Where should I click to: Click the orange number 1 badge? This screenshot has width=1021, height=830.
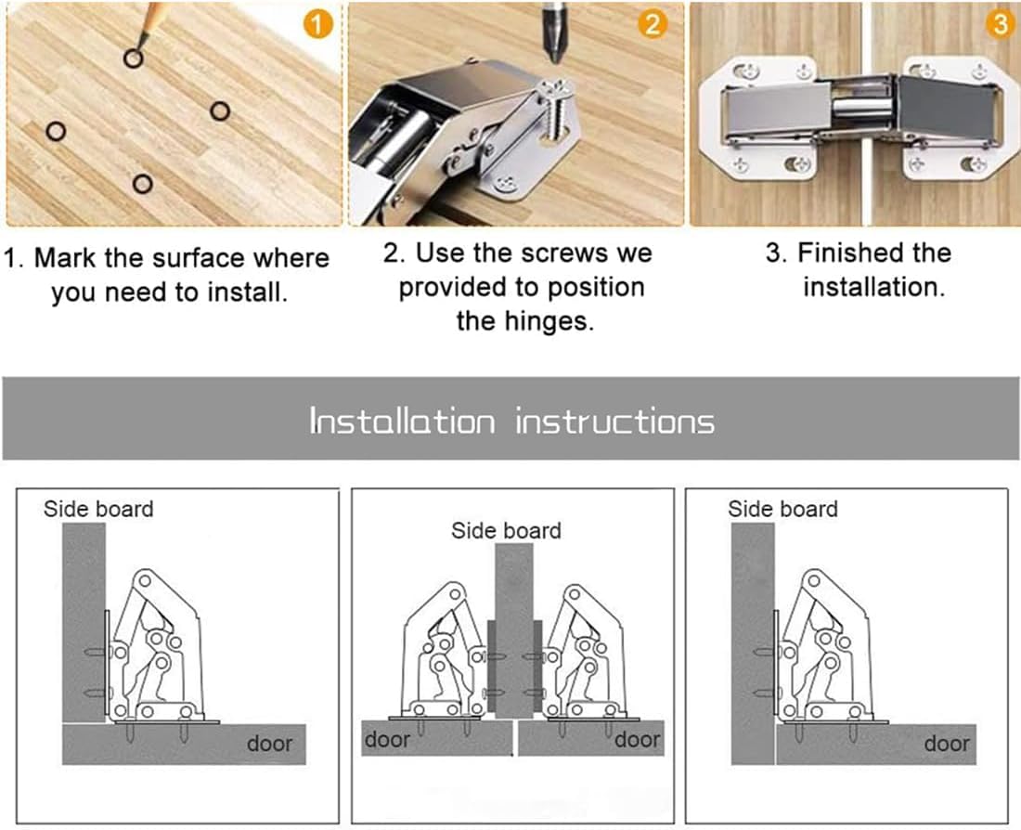click(317, 25)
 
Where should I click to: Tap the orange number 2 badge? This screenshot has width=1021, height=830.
click(653, 24)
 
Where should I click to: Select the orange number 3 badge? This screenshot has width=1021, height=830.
click(1001, 24)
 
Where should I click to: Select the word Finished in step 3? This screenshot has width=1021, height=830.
click(851, 253)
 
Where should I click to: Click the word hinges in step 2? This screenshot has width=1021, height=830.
click(524, 321)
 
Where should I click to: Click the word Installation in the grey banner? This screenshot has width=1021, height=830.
click(402, 421)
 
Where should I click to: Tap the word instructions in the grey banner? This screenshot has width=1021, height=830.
click(614, 421)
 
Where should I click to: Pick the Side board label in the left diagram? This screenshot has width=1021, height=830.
click(98, 509)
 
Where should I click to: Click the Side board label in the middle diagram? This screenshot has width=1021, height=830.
click(506, 530)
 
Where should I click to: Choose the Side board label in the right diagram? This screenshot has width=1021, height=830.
click(782, 509)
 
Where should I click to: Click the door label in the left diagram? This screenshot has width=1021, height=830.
click(269, 743)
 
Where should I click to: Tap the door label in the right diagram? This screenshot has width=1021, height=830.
click(947, 743)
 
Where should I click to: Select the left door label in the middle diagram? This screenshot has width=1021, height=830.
click(387, 739)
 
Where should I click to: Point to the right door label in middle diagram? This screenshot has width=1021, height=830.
click(638, 739)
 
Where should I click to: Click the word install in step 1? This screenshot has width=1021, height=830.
click(248, 292)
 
